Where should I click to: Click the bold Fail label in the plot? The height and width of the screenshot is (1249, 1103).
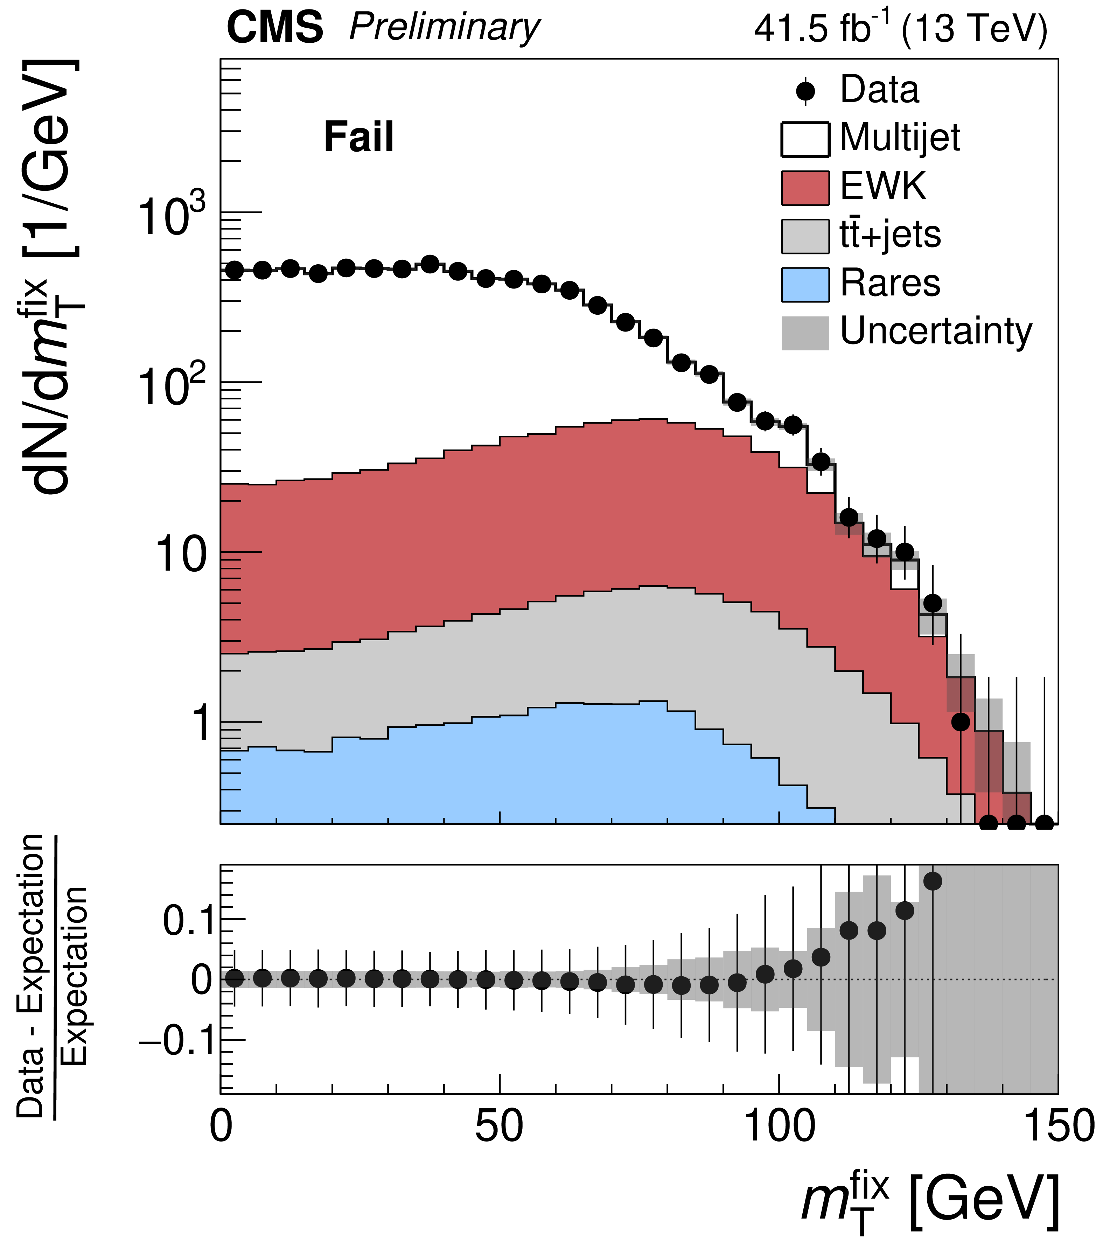point(359,137)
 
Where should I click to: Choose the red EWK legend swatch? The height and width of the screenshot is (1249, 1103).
point(805,188)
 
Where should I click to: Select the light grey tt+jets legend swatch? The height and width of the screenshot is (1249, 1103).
point(805,236)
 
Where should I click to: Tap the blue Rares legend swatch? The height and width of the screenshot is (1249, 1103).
point(805,284)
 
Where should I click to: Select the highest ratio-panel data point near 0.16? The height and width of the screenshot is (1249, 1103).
point(933,881)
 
